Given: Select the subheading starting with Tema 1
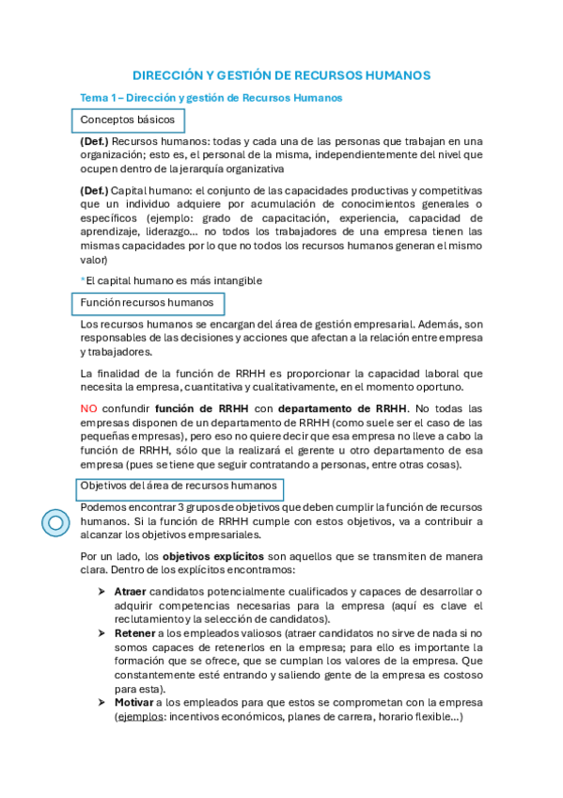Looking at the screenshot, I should pos(211,98).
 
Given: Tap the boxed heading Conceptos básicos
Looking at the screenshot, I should pos(127,120).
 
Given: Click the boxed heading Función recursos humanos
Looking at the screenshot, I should pos(148,303).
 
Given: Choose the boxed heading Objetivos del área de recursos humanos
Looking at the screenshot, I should pos(178,487).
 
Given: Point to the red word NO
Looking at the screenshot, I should pos(89,408).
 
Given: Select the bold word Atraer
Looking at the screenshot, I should pos(130,591).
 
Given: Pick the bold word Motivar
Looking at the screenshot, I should pos(133,702).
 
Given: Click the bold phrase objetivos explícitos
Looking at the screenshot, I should pos(212,556).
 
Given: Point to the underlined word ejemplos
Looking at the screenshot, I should pos(138,717).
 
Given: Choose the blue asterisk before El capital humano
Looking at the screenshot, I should pos(83,279).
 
